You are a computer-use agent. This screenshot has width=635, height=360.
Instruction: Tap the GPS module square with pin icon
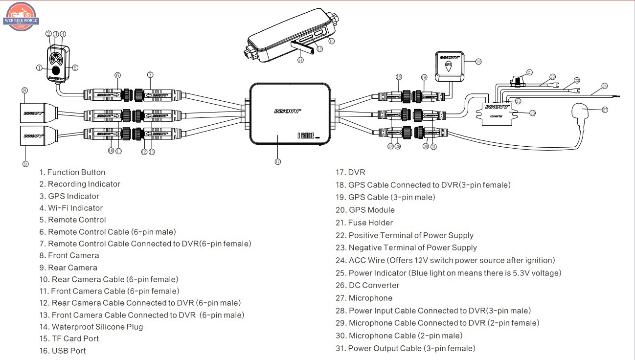click(449, 66)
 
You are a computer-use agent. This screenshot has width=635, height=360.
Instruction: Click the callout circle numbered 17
click(277, 162)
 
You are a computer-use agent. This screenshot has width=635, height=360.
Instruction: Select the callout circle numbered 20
click(478, 61)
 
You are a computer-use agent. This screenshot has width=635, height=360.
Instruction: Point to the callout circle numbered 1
click(39, 68)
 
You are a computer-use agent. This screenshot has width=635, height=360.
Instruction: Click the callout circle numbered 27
click(605, 110)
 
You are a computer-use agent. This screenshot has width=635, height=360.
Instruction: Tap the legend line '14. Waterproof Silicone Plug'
click(91, 327)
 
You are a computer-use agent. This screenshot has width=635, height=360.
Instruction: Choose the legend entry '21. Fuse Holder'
click(364, 223)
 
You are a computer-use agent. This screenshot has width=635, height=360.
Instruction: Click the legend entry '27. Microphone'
click(363, 298)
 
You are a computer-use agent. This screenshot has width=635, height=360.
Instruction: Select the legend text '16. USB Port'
click(63, 351)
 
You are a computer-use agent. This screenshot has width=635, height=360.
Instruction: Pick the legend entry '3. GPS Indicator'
click(69, 196)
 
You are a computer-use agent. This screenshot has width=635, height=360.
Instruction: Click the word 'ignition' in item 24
click(541, 260)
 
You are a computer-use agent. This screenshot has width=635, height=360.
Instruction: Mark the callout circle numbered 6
click(117, 75)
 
